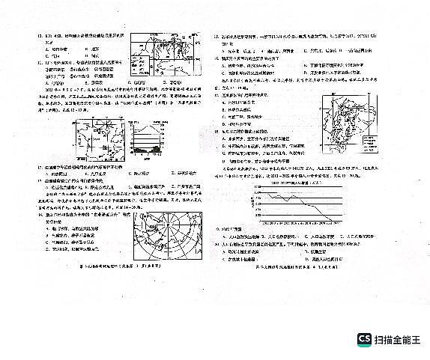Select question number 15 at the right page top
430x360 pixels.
point(216,36)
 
